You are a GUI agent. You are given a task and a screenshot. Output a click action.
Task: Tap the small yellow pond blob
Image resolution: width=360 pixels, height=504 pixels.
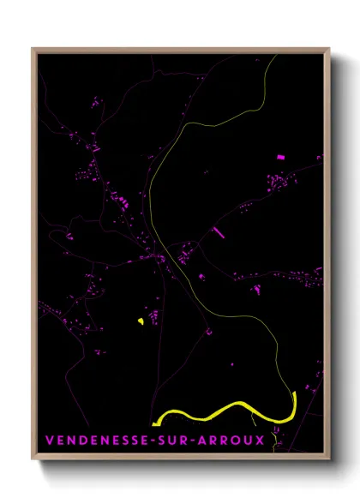click(x=139, y=321)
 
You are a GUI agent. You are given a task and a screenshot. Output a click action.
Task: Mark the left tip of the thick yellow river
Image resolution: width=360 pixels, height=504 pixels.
click(x=153, y=423)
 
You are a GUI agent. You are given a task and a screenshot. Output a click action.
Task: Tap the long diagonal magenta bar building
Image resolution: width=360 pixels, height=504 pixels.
click(x=219, y=231)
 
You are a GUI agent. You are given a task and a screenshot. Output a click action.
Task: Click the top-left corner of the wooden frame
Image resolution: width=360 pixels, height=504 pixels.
click(x=33, y=50)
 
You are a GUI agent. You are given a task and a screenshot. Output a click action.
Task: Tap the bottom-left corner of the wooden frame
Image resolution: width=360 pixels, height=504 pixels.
click(x=33, y=458)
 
